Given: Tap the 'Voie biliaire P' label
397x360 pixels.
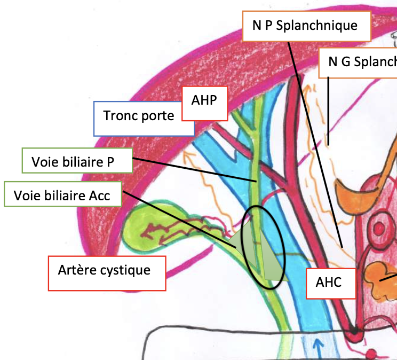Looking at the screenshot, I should [x=77, y=161].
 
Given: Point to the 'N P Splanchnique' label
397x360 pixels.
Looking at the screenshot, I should [x=306, y=26].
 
